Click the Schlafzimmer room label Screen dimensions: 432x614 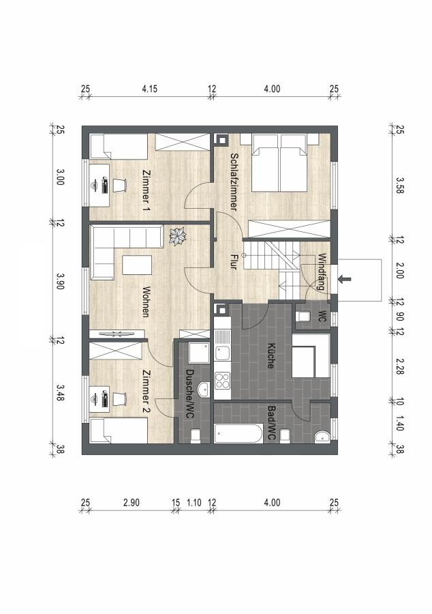(234, 181)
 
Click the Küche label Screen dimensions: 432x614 (270, 356)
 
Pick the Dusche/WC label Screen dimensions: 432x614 (189, 394)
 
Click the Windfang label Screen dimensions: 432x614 (322, 272)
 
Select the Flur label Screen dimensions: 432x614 (234, 261)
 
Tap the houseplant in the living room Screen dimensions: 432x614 (178, 237)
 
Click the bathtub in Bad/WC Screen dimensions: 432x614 (238, 434)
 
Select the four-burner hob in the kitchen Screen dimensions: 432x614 (222, 381)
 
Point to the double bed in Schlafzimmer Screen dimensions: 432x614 (279, 163)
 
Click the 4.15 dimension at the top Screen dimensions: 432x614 (150, 89)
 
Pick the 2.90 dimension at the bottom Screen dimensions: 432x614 (132, 503)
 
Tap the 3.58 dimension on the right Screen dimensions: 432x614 (399, 185)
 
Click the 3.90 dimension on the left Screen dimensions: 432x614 (60, 281)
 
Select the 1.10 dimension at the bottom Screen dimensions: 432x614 (194, 503)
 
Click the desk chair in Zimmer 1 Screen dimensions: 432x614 (120, 185)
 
